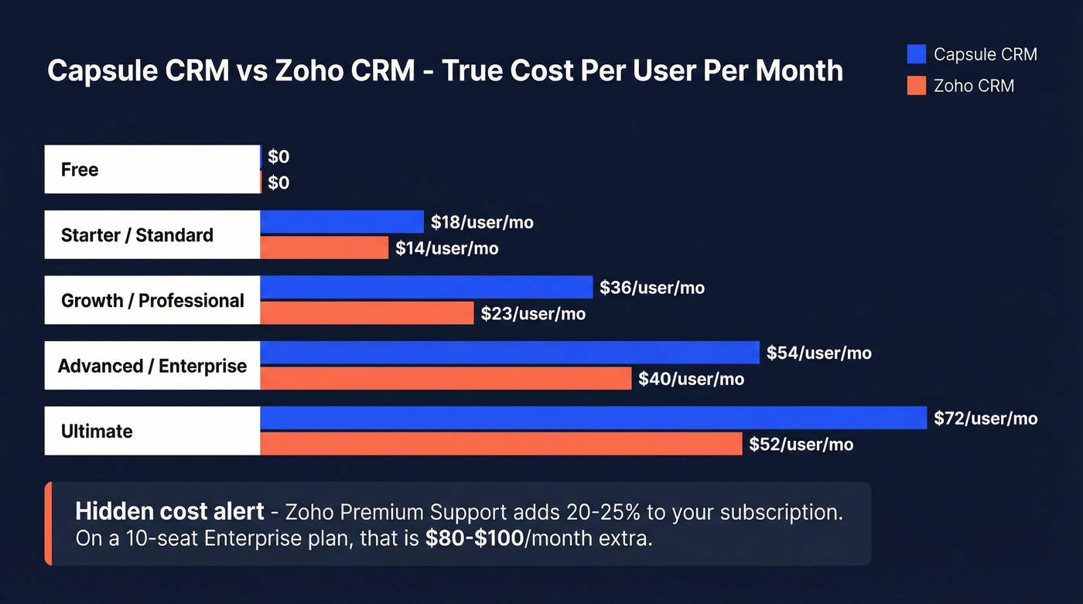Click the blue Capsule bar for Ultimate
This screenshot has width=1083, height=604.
click(x=593, y=418)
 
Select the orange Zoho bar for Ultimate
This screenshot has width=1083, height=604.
click(x=501, y=444)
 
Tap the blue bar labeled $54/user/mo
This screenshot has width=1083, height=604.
click(x=510, y=353)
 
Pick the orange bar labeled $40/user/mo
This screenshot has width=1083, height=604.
click(x=446, y=379)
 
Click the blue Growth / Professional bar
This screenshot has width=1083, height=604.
click(x=426, y=288)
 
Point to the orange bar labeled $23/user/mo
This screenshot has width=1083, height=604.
click(x=367, y=313)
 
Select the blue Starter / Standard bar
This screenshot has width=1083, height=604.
click(x=342, y=222)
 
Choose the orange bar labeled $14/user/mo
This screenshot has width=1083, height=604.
click(x=324, y=248)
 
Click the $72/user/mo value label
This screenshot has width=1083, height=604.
click(x=986, y=418)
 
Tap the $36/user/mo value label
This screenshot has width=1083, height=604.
click(x=652, y=288)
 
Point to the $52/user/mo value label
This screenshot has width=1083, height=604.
click(x=801, y=445)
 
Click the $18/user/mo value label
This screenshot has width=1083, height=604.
click(x=482, y=223)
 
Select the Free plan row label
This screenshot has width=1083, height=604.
click(x=80, y=169)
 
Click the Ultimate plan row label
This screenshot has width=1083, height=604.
click(x=97, y=431)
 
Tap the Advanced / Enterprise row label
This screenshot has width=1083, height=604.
click(x=152, y=366)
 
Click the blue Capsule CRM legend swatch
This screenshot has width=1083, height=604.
click(x=916, y=54)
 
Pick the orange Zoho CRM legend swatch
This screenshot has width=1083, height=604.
click(x=916, y=86)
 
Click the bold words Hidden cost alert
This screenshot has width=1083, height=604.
click(x=169, y=511)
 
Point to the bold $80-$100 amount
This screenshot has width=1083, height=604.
click(x=474, y=538)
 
